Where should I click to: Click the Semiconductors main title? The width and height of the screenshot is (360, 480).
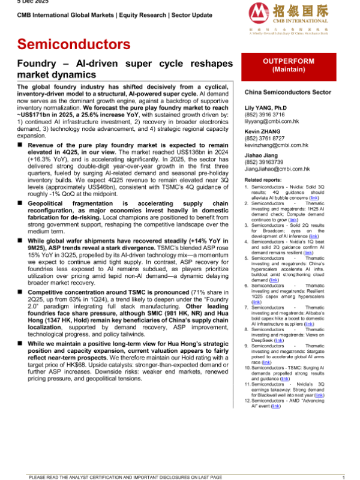click(74, 44)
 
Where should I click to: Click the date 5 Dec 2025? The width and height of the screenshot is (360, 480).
click(16, 2)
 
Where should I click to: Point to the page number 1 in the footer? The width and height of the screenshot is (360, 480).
click(343, 476)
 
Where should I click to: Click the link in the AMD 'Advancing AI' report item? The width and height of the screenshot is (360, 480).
click(275, 406)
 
